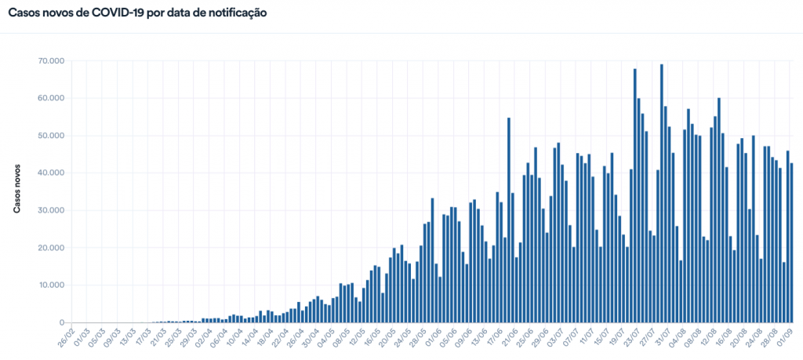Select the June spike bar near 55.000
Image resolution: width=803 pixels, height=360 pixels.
tap(509, 220)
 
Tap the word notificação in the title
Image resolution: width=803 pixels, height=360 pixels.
tap(236, 13)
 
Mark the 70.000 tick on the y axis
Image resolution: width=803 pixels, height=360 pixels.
tap(50, 60)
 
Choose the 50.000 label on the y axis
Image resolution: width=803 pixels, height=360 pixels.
tap(50, 136)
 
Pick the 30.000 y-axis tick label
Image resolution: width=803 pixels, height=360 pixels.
tap(50, 210)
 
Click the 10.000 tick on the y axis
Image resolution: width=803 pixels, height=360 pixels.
tap(50, 285)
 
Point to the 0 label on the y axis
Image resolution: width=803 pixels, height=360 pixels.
tap(60, 322)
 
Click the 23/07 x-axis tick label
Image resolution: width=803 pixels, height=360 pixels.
tap(629, 342)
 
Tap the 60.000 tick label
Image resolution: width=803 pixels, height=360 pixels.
tap(50, 98)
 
